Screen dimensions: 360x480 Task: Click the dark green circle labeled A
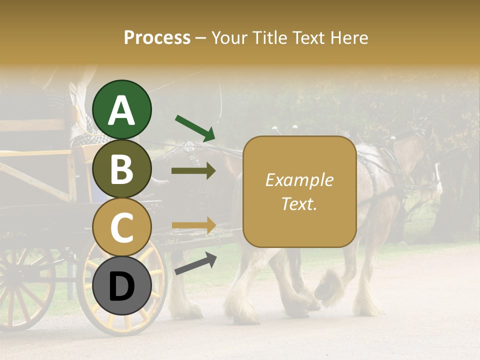[x=121, y=109]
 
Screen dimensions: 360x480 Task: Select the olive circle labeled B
[x=121, y=169]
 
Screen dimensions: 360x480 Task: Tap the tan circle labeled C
[x=121, y=227]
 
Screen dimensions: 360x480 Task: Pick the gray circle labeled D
[x=121, y=286]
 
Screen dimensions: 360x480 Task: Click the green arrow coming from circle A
[x=195, y=127]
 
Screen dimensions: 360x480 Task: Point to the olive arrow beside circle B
[x=193, y=171]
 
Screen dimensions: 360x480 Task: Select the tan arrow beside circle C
[x=193, y=225]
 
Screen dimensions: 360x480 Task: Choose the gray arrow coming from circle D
[x=195, y=263]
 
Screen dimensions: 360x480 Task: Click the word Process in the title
[x=157, y=37]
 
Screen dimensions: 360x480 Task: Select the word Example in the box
[x=299, y=180]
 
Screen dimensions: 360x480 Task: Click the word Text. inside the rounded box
[x=299, y=204]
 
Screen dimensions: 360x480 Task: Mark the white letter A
[x=121, y=110]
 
